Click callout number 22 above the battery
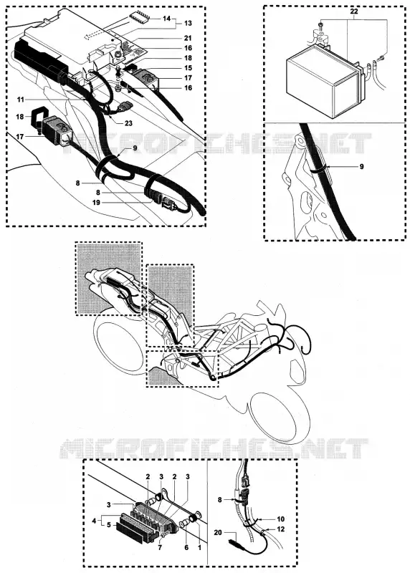[353, 11]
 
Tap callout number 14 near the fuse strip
[166, 19]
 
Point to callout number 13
[188, 24]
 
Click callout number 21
[188, 38]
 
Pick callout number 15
[188, 68]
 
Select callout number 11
[21, 100]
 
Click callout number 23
[128, 123]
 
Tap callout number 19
[96, 203]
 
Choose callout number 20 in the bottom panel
[218, 532]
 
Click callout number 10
[280, 519]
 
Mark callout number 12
[280, 529]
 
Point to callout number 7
[160, 547]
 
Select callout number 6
[186, 547]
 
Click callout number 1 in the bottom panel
[199, 547]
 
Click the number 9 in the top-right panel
[361, 167]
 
